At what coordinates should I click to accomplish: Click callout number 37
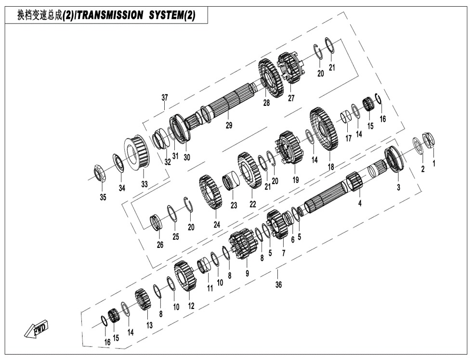[165, 97]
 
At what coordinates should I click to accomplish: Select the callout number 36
[278, 284]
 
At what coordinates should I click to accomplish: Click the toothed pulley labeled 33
[137, 152]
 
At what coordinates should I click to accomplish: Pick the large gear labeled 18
[324, 129]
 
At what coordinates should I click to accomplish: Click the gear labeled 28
[271, 78]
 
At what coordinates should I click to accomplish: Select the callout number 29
[229, 125]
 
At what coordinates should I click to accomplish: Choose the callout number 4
[360, 203]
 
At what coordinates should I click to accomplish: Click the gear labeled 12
[185, 276]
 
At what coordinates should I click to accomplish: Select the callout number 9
[247, 273]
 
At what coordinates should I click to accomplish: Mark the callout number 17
[348, 138]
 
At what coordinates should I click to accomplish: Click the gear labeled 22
[249, 170]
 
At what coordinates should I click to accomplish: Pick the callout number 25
[176, 236]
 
